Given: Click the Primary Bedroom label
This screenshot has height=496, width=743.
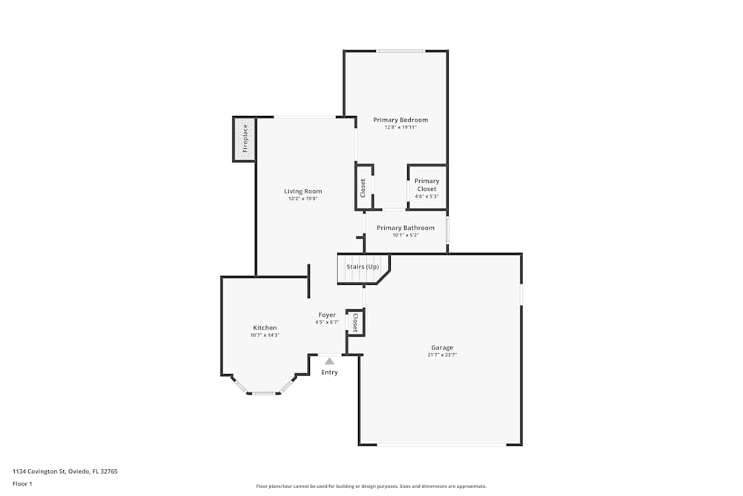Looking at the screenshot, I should click(x=400, y=120).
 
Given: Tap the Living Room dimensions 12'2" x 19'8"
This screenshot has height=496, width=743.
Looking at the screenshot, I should click(x=303, y=199).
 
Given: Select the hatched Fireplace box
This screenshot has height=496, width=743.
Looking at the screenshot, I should click(x=244, y=138).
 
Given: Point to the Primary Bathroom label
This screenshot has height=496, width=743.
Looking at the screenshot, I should click(x=405, y=228).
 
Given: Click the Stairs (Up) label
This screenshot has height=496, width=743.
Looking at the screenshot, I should click(x=363, y=266).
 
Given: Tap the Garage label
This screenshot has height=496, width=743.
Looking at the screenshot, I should click(x=442, y=347).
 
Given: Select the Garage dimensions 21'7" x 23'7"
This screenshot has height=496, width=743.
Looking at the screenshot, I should click(x=442, y=355).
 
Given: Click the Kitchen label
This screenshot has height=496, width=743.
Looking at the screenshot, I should click(x=265, y=328).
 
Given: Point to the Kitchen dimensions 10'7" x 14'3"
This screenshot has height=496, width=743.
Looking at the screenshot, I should click(x=265, y=335).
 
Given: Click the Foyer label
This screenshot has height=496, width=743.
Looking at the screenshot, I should click(x=327, y=315).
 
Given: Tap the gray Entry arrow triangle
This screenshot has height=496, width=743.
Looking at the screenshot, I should click(x=329, y=361).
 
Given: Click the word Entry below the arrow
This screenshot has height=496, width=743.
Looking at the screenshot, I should click(x=329, y=372).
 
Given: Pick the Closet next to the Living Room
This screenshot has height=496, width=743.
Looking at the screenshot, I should click(x=363, y=187).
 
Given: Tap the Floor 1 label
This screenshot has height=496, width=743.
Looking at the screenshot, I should click(x=22, y=483).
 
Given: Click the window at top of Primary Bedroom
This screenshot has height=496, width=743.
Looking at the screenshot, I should click(x=400, y=51).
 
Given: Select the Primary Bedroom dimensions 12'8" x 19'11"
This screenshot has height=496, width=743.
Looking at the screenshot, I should click(x=400, y=127).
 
